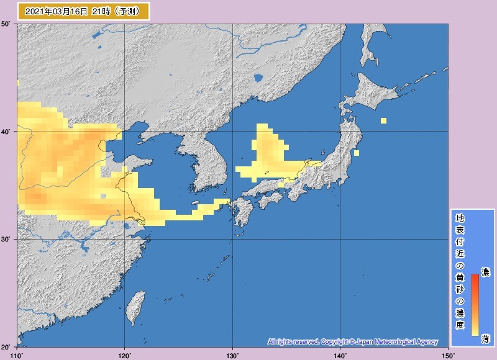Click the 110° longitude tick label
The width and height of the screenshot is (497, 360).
(17, 355)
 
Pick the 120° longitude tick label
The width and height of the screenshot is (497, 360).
(125, 355)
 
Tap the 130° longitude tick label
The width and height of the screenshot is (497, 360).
(232, 355)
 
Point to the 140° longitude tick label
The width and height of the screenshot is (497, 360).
(340, 355)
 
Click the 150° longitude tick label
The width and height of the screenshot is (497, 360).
(447, 355)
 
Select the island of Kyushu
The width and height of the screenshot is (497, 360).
(242, 217)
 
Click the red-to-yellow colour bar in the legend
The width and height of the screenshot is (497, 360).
(475, 304)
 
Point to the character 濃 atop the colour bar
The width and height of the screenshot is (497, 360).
(485, 272)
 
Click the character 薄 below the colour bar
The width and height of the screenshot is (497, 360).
(485, 338)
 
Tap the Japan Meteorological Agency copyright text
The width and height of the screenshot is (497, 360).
(353, 341)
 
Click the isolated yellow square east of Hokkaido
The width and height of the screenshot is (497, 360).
(383, 120)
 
